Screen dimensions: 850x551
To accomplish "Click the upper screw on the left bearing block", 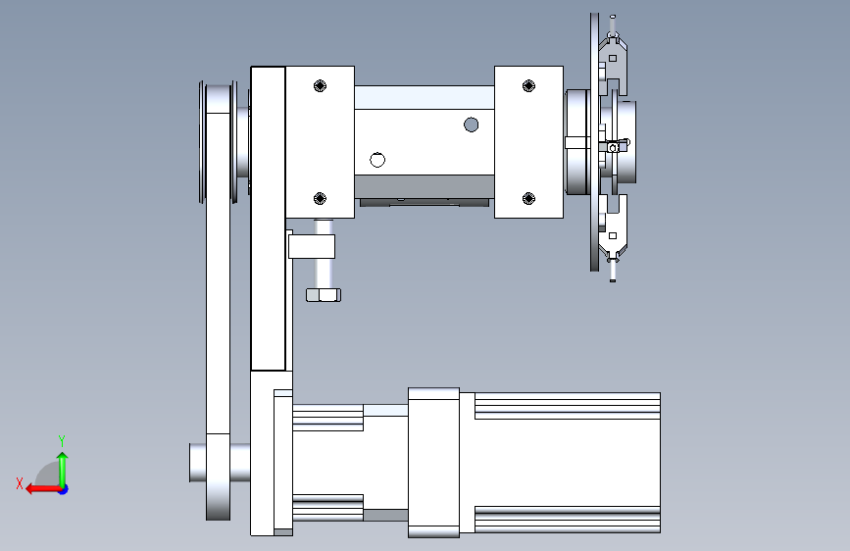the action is point(320,85).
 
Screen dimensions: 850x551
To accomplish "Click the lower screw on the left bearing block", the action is point(320,198).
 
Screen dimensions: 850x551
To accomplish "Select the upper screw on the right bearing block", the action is point(528,85).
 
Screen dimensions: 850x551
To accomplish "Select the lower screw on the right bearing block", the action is point(528,198).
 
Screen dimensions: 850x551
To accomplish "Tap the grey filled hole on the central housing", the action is point(471,125).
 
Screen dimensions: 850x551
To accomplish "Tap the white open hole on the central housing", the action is point(377,160).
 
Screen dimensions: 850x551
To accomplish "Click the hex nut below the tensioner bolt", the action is point(324,295).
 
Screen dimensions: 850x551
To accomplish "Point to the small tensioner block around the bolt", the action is point(312,246).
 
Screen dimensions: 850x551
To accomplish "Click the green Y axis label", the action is point(62,441).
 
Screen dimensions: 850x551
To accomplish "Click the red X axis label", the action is point(20,483).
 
